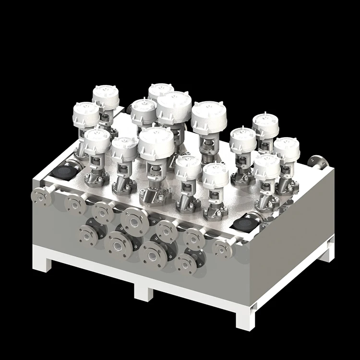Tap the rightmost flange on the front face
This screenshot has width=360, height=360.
[x=222, y=249]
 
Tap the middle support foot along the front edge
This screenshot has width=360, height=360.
[x=144, y=290]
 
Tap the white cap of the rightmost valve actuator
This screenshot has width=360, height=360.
[x=287, y=148]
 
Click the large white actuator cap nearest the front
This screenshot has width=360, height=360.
[x=156, y=143]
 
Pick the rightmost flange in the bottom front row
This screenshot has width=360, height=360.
[x=186, y=263]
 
